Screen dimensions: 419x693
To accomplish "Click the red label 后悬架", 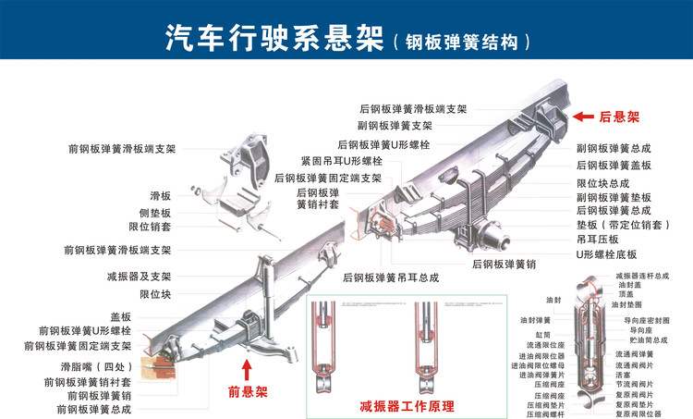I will [x=619, y=117].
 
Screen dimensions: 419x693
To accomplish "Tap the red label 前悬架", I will [x=247, y=391].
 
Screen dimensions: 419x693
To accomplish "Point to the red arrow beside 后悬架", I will [x=583, y=117].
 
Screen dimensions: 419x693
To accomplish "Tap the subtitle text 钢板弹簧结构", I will [x=462, y=42].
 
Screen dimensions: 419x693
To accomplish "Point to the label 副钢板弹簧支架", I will [x=395, y=126].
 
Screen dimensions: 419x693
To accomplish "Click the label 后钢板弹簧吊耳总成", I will [x=391, y=277].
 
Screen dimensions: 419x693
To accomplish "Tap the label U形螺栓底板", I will [x=607, y=253].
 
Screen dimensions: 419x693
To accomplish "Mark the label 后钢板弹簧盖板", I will [x=614, y=166].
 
